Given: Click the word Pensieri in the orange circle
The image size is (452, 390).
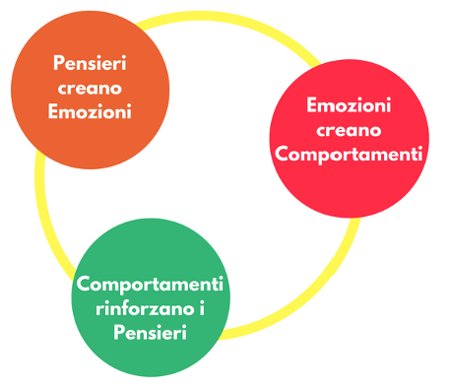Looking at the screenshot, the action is (x=90, y=63).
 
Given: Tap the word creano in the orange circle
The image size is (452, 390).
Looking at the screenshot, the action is (x=90, y=89).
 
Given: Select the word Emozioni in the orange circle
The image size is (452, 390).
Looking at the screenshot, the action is (x=90, y=111).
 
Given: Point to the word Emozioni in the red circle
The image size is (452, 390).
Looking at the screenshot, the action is (x=349, y=105).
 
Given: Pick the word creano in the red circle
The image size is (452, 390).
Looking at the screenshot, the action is (x=349, y=130).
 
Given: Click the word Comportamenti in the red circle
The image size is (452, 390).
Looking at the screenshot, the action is (x=349, y=154).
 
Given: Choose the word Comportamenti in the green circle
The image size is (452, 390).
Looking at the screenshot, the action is (x=150, y=285).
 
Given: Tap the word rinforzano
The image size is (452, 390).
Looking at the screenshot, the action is (x=145, y=309).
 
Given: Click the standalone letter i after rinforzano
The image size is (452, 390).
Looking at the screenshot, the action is (x=202, y=309).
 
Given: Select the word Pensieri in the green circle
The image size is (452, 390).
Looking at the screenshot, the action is (x=151, y=332).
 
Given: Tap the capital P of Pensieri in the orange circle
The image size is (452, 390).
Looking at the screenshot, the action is (x=58, y=63).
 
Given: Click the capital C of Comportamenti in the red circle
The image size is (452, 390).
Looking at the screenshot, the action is (x=282, y=154).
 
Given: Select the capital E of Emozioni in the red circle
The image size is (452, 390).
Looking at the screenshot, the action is (x=312, y=105).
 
